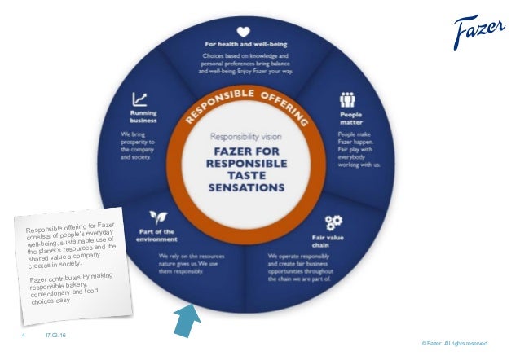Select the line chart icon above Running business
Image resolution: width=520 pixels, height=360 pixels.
click(140, 99)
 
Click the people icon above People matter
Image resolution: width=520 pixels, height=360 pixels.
click(346, 101)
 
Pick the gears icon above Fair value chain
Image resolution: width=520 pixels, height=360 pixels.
click(333, 222)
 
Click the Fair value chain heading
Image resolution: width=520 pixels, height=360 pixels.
click(333, 239)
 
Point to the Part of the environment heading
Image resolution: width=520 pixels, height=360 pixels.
click(155, 237)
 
